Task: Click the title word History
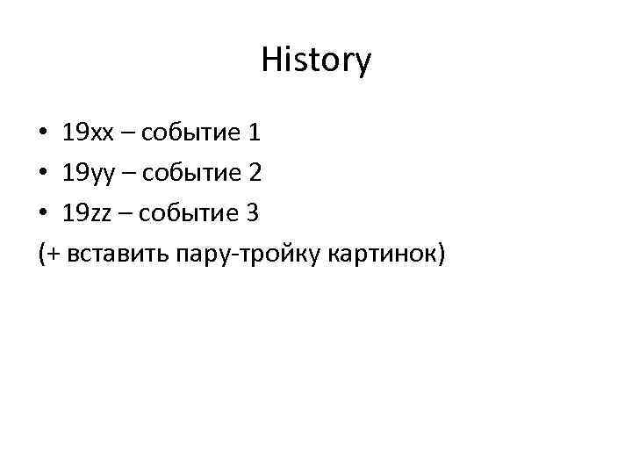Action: coord(316,61)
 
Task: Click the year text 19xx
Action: coord(88,133)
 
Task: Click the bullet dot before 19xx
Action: coord(44,134)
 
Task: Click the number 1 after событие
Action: coord(255,133)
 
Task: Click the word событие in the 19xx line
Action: coord(190,134)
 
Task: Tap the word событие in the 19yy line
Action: coord(190,174)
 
